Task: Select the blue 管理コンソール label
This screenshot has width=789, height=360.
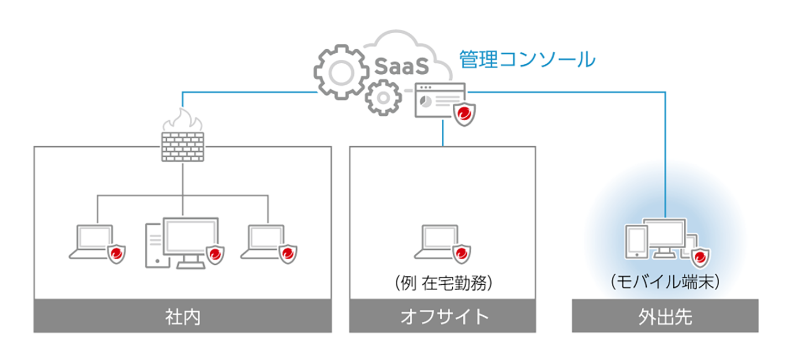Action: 527,59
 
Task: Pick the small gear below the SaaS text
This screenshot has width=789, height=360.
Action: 383,97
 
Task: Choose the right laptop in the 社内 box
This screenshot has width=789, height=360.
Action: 264,241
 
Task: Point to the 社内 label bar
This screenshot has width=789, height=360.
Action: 183,317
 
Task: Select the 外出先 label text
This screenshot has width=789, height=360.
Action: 664,317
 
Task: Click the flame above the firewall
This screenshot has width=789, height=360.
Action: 183,119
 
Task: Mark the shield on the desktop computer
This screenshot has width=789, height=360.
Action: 215,255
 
